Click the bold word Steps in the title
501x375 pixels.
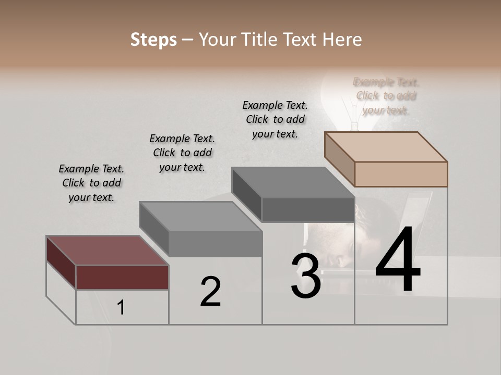point(153,40)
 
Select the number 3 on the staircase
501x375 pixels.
point(306,276)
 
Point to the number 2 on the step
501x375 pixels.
point(210,292)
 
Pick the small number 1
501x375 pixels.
point(121,308)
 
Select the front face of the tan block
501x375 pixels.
point(401,174)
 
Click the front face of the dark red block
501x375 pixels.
point(122,277)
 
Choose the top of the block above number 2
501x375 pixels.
point(200,216)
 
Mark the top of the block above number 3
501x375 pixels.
point(293,182)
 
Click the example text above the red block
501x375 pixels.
point(91,183)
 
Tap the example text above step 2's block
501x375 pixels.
point(182,153)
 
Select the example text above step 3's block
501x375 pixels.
point(275,119)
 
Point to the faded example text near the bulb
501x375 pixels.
point(386,96)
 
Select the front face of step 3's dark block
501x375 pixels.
point(308,210)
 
